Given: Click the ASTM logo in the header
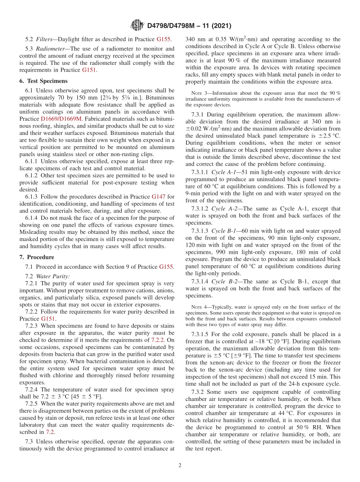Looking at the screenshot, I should tap(137, 25).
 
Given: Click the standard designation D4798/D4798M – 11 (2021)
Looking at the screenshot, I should tap(188, 26).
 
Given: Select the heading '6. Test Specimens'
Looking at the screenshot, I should tap(43, 81).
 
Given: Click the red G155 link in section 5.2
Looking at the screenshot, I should tap(164, 39).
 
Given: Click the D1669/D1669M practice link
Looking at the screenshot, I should tap(61, 119).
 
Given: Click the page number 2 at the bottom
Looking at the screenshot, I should tap(180, 465).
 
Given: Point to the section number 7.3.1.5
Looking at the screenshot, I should tap(200, 334).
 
